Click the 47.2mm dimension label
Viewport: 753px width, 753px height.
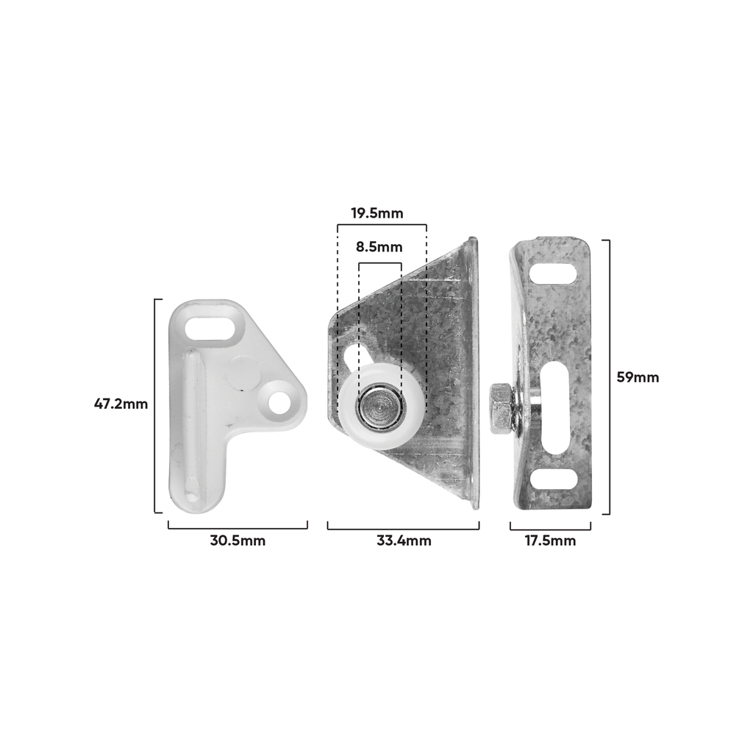click(x=121, y=404)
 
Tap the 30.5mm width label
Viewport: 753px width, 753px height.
click(x=238, y=540)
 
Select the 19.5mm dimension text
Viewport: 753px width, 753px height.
click(x=377, y=213)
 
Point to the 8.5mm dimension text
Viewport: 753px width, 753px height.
click(x=379, y=247)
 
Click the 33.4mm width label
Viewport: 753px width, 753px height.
click(x=404, y=540)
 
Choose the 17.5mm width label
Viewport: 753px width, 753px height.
click(x=550, y=540)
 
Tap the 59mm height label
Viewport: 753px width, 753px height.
click(x=638, y=377)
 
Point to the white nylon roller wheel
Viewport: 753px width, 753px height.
click(x=382, y=406)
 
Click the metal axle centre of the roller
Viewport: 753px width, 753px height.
click(x=380, y=407)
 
